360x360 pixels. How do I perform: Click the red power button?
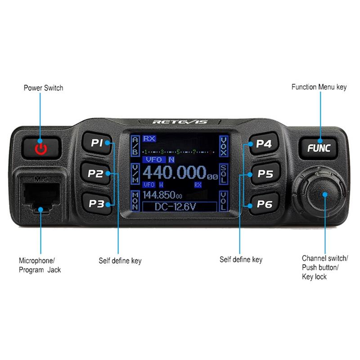click(41, 147)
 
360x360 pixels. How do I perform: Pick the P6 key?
click(265, 204)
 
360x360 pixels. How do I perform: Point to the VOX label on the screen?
click(224, 146)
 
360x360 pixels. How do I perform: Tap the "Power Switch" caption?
click(43, 88)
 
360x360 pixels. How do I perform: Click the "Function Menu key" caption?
click(319, 87)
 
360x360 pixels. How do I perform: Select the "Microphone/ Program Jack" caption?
click(40, 265)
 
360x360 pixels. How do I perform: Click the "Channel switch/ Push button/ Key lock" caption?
click(324, 267)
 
